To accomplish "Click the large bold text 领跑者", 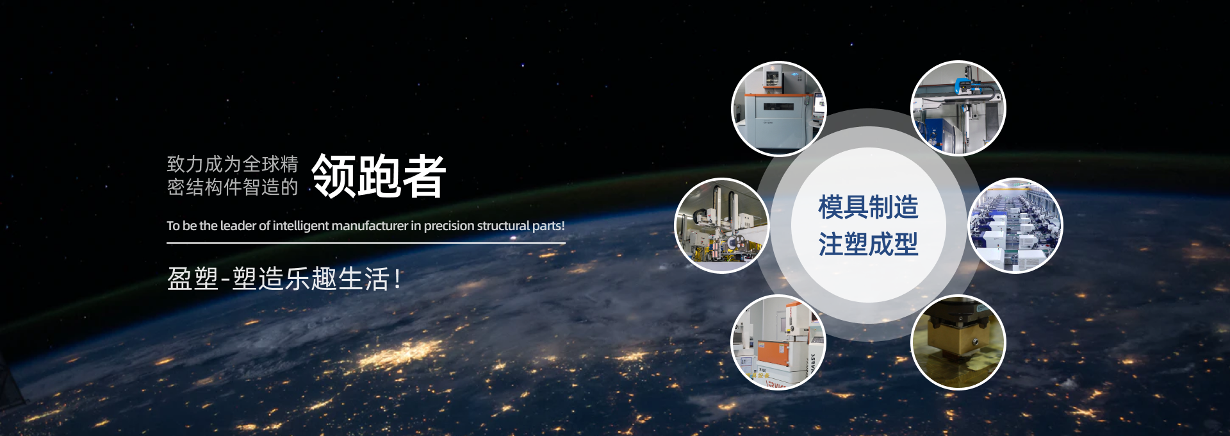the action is pyautogui.click(x=379, y=176).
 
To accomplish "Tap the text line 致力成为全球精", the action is pyautogui.click(x=233, y=164).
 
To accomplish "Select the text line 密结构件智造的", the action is pyautogui.click(x=233, y=187).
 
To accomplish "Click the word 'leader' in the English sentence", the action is pyautogui.click(x=238, y=226).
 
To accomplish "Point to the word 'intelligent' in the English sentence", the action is pyautogui.click(x=301, y=226).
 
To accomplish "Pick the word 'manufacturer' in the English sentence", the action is pyautogui.click(x=370, y=226).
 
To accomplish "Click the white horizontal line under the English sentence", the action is pyautogui.click(x=366, y=243).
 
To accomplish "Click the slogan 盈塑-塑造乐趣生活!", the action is pyautogui.click(x=284, y=279).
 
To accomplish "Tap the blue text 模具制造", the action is pyautogui.click(x=868, y=207).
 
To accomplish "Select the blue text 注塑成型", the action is pyautogui.click(x=868, y=244).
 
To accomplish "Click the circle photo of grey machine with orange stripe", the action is pyautogui.click(x=779, y=108).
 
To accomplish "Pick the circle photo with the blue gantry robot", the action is pyautogui.click(x=958, y=108).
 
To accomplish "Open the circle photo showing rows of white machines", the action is pyautogui.click(x=1015, y=226).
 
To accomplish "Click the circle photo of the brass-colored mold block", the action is pyautogui.click(x=958, y=342).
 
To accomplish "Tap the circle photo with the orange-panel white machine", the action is pyautogui.click(x=778, y=342).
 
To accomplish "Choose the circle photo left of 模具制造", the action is pyautogui.click(x=722, y=226).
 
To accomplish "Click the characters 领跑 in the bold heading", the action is pyautogui.click(x=356, y=176).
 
